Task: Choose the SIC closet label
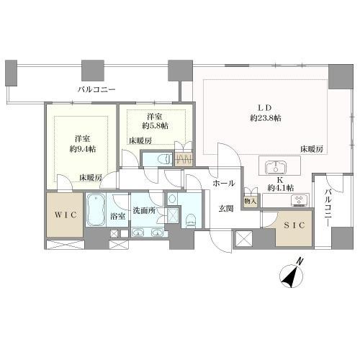click(x=294, y=225)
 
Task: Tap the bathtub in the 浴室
click(x=96, y=210)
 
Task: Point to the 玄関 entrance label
click(x=225, y=209)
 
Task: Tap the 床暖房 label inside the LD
click(x=311, y=149)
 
